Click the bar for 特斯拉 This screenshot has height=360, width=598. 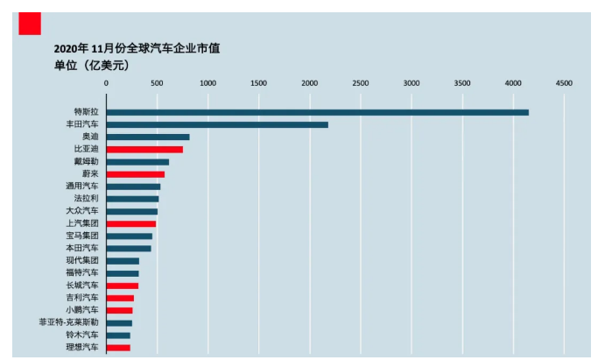coord(317,112)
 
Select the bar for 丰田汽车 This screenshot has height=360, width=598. coord(217,124)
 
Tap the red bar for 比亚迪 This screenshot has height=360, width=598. coord(144,149)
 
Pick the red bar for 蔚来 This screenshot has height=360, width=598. coord(135,174)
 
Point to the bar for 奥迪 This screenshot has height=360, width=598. coord(148,137)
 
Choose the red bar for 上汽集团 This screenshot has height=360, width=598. coord(130,224)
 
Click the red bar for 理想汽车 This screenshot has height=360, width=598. coord(118,348)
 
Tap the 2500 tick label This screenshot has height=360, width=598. coord(360,83)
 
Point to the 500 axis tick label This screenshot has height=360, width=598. coord(157,83)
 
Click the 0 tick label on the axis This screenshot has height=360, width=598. coord(106,83)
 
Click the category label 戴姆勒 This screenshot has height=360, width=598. coord(87,162)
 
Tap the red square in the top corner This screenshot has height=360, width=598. coord(30,24)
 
